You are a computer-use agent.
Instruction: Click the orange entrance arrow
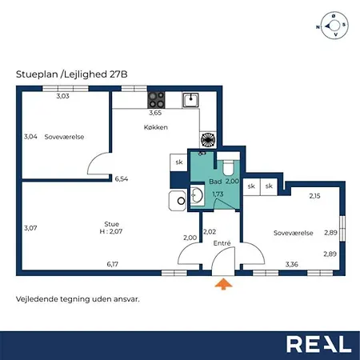(223, 284)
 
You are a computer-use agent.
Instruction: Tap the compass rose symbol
(334, 26)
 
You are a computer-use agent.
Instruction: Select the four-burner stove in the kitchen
(156, 100)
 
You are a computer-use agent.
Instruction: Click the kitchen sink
(190, 100)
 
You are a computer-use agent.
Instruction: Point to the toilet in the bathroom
(228, 164)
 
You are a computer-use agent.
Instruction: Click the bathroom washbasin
(197, 195)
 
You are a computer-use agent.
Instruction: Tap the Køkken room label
(156, 127)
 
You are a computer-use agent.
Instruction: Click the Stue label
(111, 224)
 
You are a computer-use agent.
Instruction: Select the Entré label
(222, 243)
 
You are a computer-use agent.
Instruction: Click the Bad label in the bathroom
(215, 182)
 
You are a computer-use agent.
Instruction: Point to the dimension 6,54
(122, 179)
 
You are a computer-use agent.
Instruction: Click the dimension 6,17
(113, 264)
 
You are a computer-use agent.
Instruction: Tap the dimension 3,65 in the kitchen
(155, 113)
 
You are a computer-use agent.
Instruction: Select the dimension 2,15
(314, 196)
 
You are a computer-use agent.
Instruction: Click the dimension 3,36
(292, 264)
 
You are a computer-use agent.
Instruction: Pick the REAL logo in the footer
(319, 344)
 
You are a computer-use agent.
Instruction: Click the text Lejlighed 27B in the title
(96, 74)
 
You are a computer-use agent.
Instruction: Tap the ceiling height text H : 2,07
(111, 231)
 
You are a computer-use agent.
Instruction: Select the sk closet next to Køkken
(179, 162)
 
